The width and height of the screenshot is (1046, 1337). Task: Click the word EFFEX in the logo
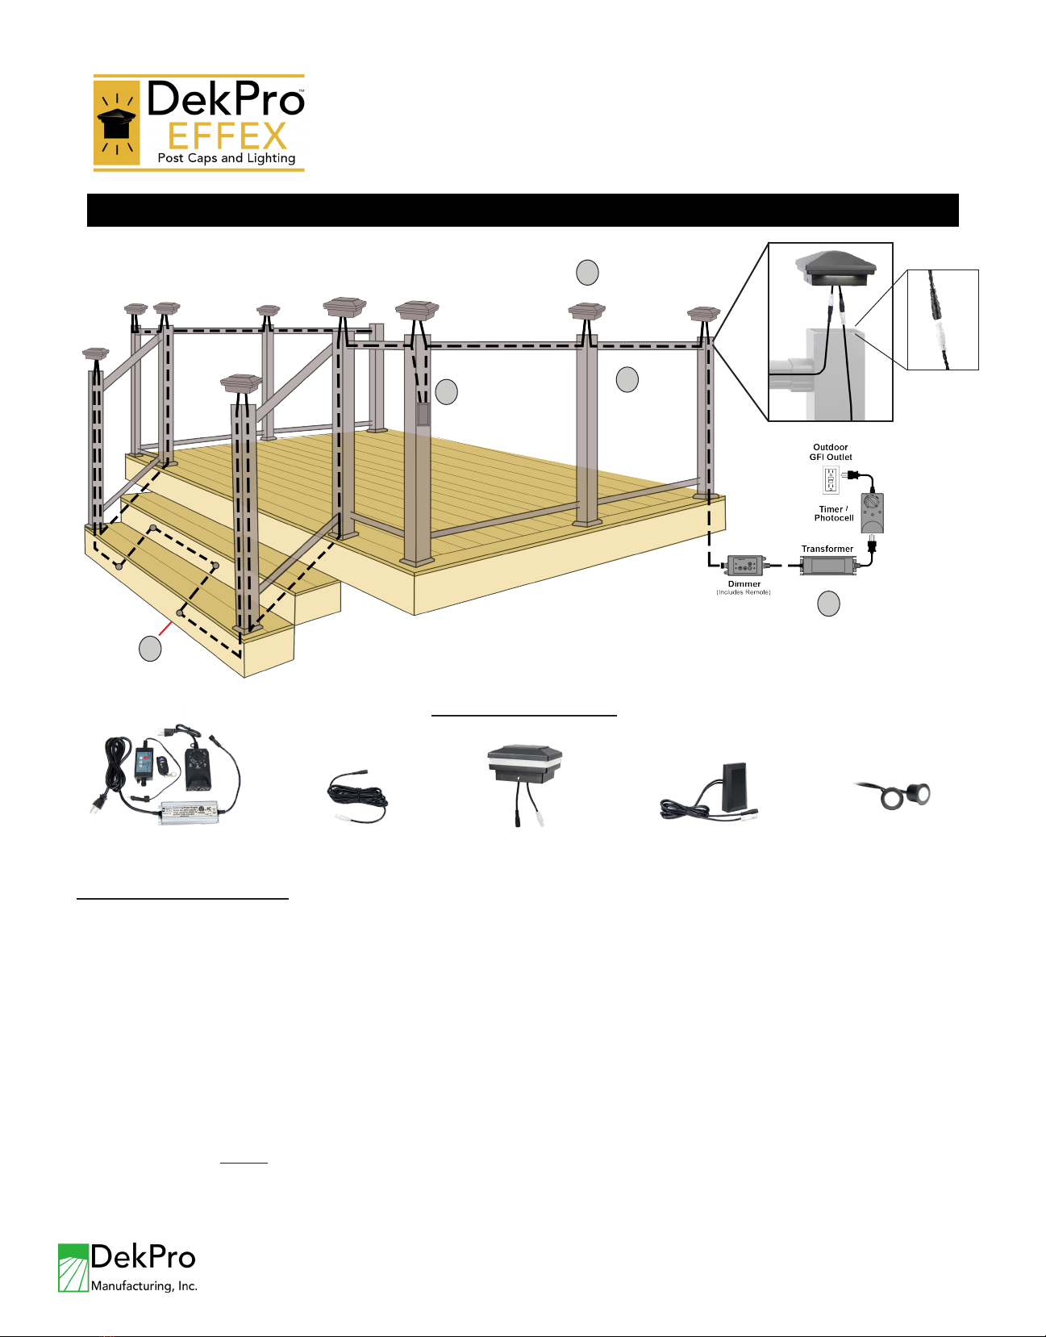pos(227,136)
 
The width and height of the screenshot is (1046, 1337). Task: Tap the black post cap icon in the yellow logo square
pos(116,123)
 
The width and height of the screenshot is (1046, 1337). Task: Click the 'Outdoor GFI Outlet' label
pos(830,452)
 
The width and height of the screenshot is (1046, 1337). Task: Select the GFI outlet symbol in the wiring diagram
pos(831,480)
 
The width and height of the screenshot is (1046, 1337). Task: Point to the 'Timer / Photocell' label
pos(834,514)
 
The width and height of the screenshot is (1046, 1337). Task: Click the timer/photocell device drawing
pos(872,512)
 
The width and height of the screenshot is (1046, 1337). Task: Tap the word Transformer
pos(827,549)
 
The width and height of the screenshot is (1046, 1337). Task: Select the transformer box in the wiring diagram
pos(827,566)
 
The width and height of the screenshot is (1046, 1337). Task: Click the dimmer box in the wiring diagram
pos(744,566)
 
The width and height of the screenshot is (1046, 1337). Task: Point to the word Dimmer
pos(744,584)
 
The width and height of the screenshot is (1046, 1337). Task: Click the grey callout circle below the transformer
pos(828,604)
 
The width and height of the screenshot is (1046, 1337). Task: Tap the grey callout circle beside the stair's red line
pos(150,649)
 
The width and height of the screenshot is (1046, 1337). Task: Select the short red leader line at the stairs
pos(165,629)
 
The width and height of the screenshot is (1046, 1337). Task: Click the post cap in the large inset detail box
pos(836,269)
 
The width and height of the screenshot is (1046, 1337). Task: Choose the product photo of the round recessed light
pos(894,795)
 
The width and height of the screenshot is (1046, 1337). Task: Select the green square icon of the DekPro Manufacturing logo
pos(73,1268)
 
